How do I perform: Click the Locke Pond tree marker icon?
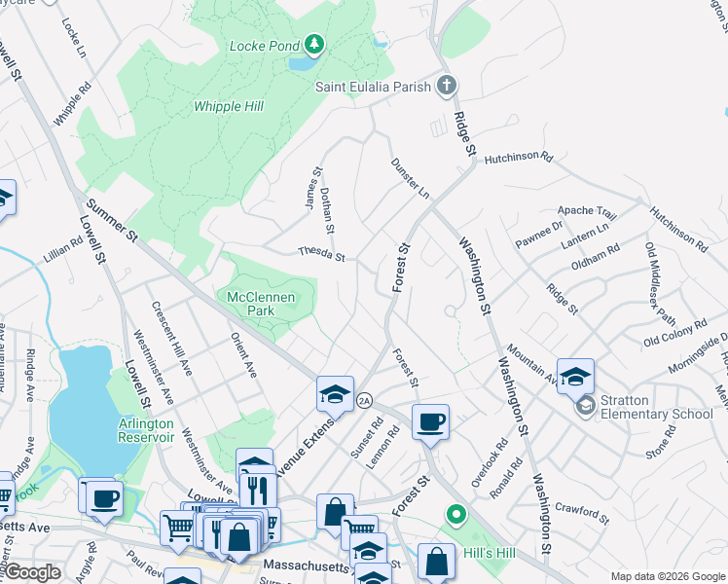tap(313, 45)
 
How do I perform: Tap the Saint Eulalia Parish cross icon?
tap(447, 87)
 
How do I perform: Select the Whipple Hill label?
tap(230, 106)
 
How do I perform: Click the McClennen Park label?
tap(264, 304)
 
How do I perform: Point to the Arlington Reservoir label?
tap(146, 430)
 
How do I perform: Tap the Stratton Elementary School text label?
tap(657, 414)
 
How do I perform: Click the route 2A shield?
tap(365, 400)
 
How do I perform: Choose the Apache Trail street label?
tap(587, 211)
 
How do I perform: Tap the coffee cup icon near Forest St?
tap(430, 421)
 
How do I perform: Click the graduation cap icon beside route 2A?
tap(334, 394)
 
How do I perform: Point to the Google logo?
tap(33, 572)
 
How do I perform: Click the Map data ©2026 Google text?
tap(667, 576)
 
